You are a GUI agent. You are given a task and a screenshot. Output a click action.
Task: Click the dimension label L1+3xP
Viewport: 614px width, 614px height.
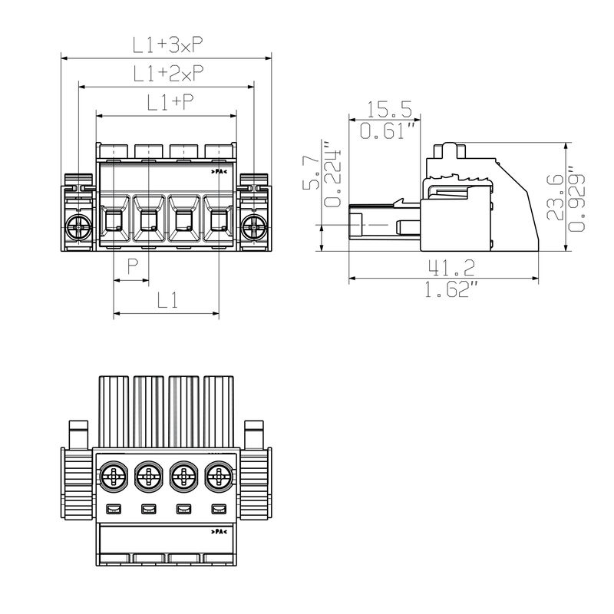[x=167, y=45]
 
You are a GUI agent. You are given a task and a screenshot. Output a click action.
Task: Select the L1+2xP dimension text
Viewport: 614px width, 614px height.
[x=167, y=74]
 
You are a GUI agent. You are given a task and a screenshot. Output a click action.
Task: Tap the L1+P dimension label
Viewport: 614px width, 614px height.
[x=167, y=103]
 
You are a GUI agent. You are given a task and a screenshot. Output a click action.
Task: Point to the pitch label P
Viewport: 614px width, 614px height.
[x=132, y=268]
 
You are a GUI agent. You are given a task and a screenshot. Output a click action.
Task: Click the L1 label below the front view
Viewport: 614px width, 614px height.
[x=167, y=301]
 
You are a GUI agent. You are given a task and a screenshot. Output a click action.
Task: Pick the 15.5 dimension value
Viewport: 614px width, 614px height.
[x=390, y=109]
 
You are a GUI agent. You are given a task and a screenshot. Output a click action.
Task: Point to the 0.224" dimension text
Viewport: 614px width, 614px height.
[x=333, y=174]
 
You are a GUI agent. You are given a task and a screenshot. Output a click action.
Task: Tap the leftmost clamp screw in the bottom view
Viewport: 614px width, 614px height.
[x=113, y=478]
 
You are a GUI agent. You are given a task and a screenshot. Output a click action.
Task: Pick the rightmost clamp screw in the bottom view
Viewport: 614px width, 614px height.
[x=219, y=478]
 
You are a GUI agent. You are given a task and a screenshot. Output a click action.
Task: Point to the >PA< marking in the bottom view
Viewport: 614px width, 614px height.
[x=218, y=531]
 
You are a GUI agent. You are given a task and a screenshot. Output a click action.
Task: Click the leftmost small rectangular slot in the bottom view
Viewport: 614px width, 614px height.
[x=113, y=508]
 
